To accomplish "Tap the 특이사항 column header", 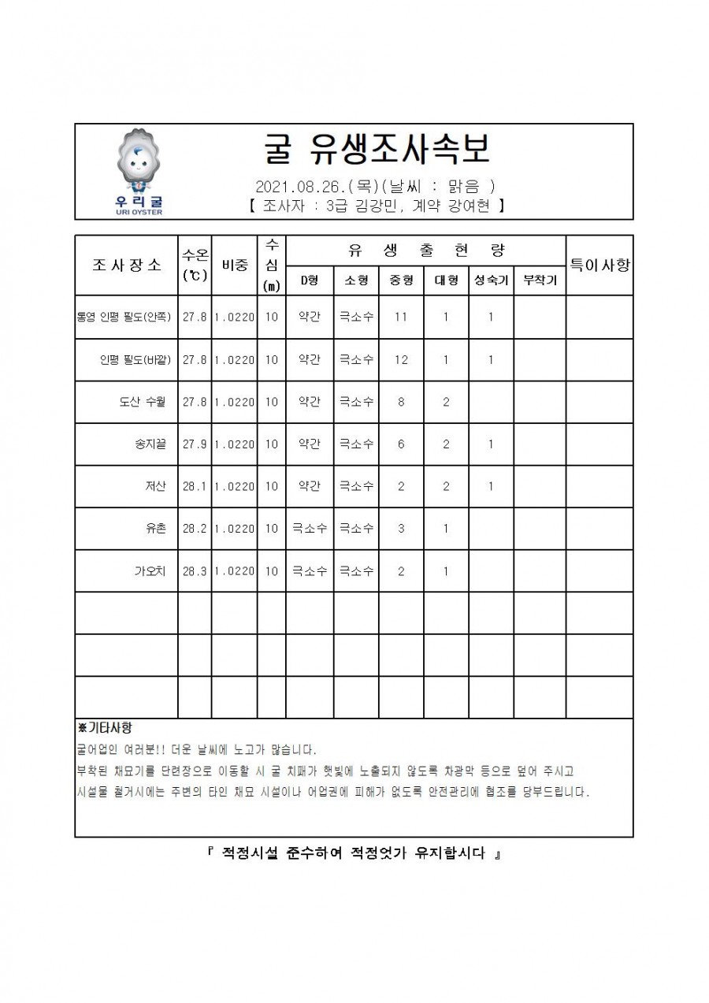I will point(599,265).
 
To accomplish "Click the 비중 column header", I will point(234,266).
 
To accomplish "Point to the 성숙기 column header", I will point(490,280).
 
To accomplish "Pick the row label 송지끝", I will point(150,444).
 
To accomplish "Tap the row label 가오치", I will point(150,571).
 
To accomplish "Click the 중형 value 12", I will point(401,360).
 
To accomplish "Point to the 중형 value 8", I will point(401,402).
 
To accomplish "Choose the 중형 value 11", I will point(401,318).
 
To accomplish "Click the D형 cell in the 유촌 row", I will point(310,529).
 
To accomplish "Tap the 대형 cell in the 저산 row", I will point(446,487).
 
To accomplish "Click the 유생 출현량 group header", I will point(425,251).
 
